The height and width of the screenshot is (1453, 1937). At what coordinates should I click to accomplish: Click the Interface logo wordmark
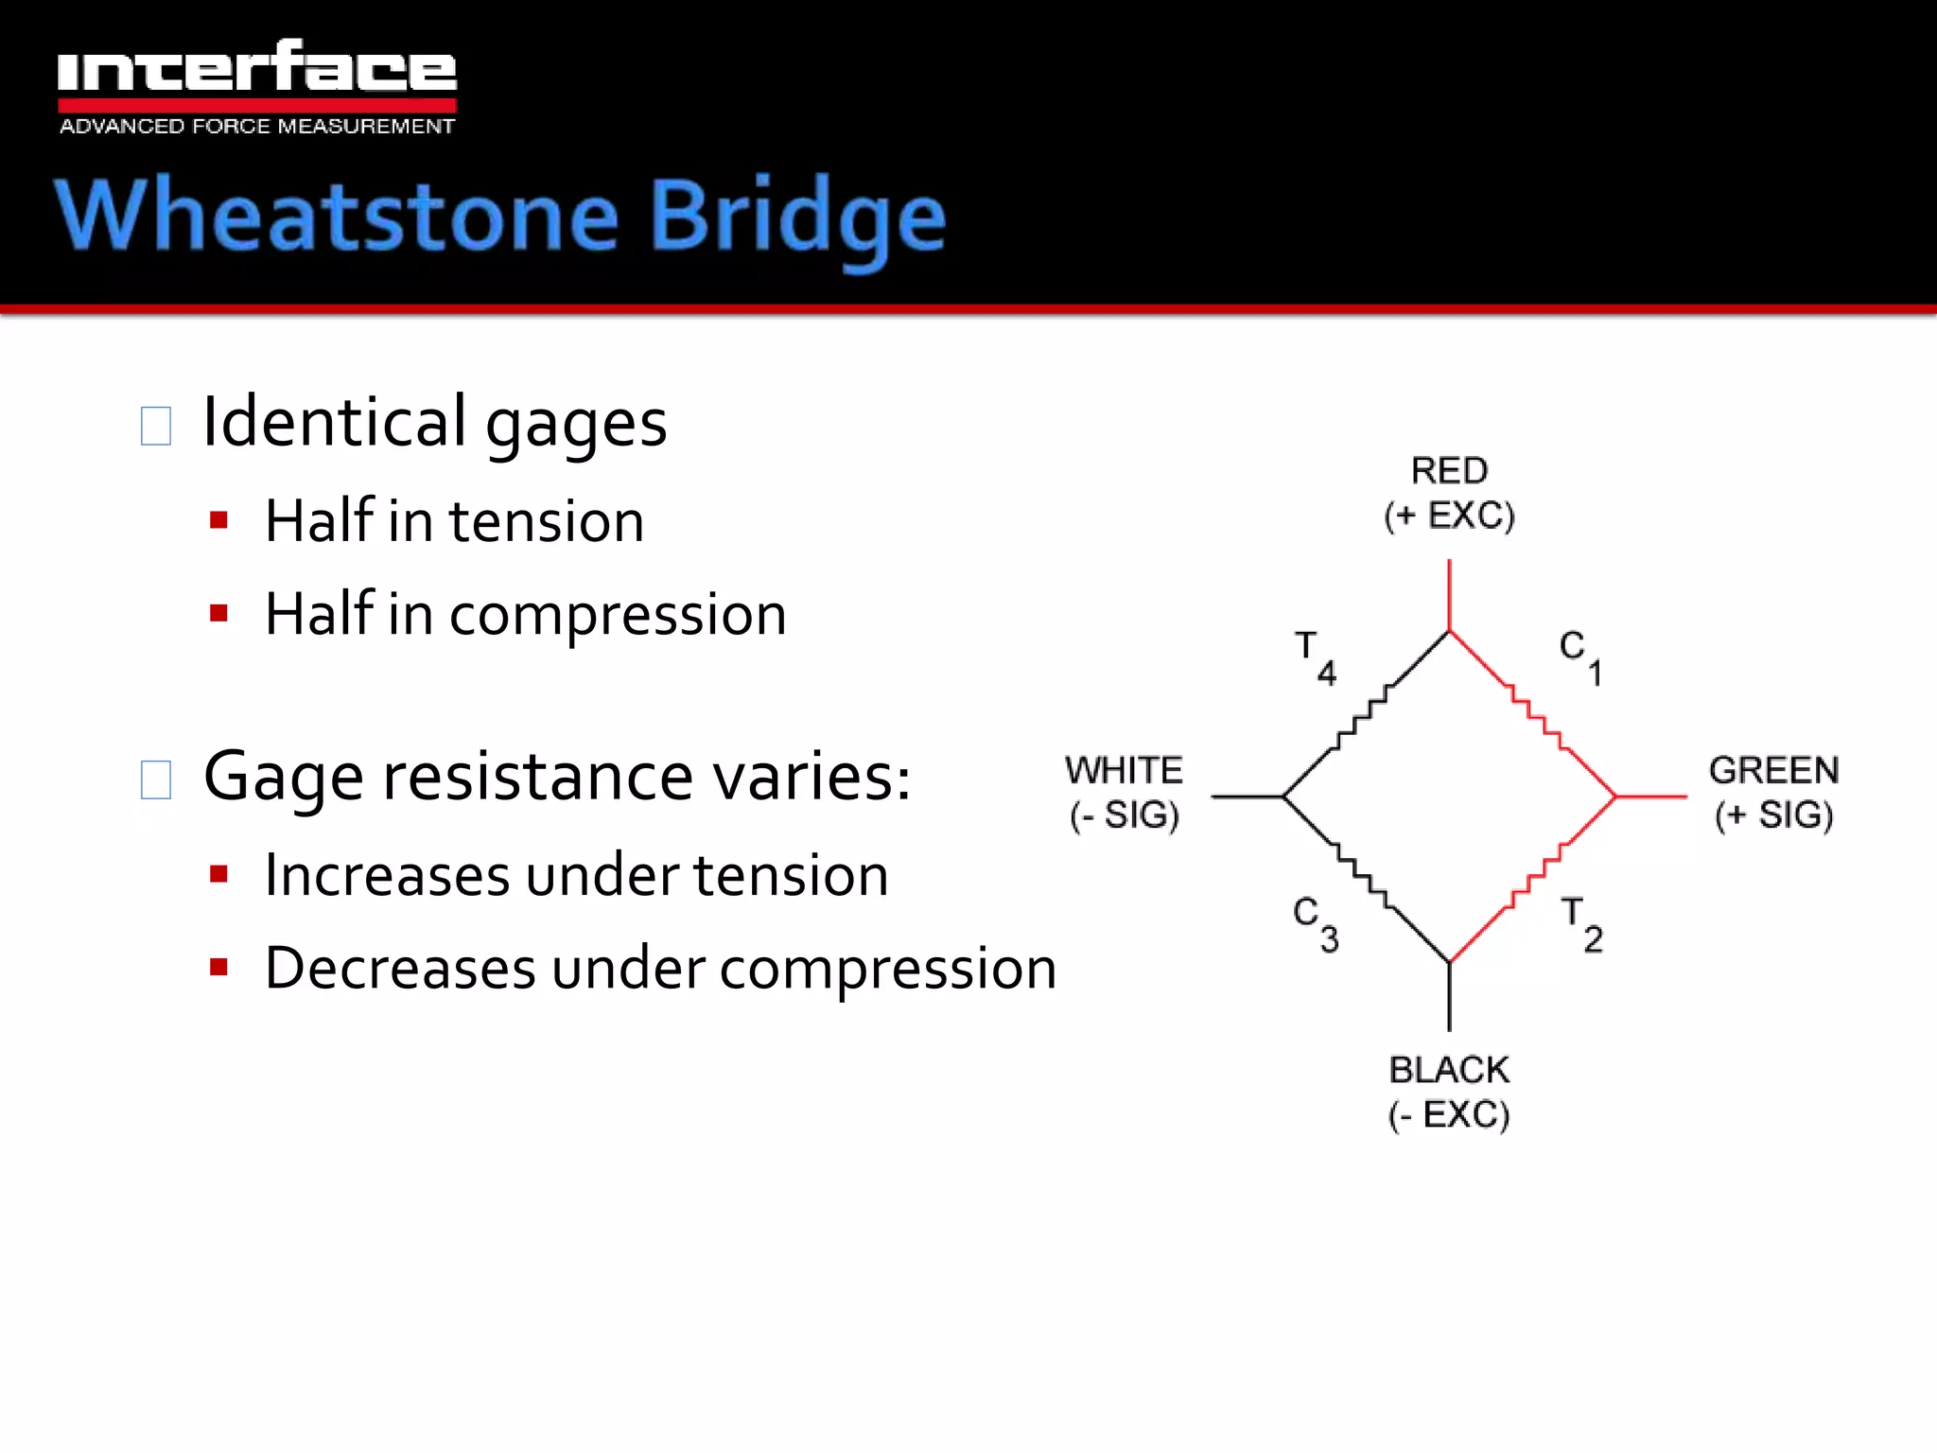(256, 68)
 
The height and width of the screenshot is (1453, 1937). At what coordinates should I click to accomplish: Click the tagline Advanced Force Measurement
(256, 127)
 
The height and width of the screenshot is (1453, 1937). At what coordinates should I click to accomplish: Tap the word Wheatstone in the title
(336, 217)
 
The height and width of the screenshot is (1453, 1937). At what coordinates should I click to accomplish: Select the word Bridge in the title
(797, 219)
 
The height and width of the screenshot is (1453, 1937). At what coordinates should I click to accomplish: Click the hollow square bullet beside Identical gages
(156, 426)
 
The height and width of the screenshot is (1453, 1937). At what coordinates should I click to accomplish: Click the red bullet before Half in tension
(219, 520)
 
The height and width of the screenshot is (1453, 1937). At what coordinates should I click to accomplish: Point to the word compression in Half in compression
(618, 616)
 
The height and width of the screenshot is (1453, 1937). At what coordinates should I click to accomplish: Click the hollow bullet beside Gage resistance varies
(156, 780)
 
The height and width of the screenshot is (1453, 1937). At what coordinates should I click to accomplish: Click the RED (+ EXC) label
(1449, 493)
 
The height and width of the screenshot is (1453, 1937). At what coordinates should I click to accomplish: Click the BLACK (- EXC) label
(1449, 1092)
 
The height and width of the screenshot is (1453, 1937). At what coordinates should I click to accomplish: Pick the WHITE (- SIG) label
(1124, 793)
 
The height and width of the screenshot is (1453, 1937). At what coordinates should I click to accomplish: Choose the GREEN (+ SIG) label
(1773, 793)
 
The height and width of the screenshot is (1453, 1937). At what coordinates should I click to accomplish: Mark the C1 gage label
(1580, 657)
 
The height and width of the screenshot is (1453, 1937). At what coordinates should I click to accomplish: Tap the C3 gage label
(1316, 924)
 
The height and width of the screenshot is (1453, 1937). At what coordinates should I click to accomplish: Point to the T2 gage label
(1581, 924)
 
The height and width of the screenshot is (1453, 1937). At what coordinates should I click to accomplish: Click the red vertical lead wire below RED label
(1449, 595)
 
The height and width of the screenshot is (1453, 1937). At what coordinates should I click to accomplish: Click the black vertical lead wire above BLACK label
(1449, 997)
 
